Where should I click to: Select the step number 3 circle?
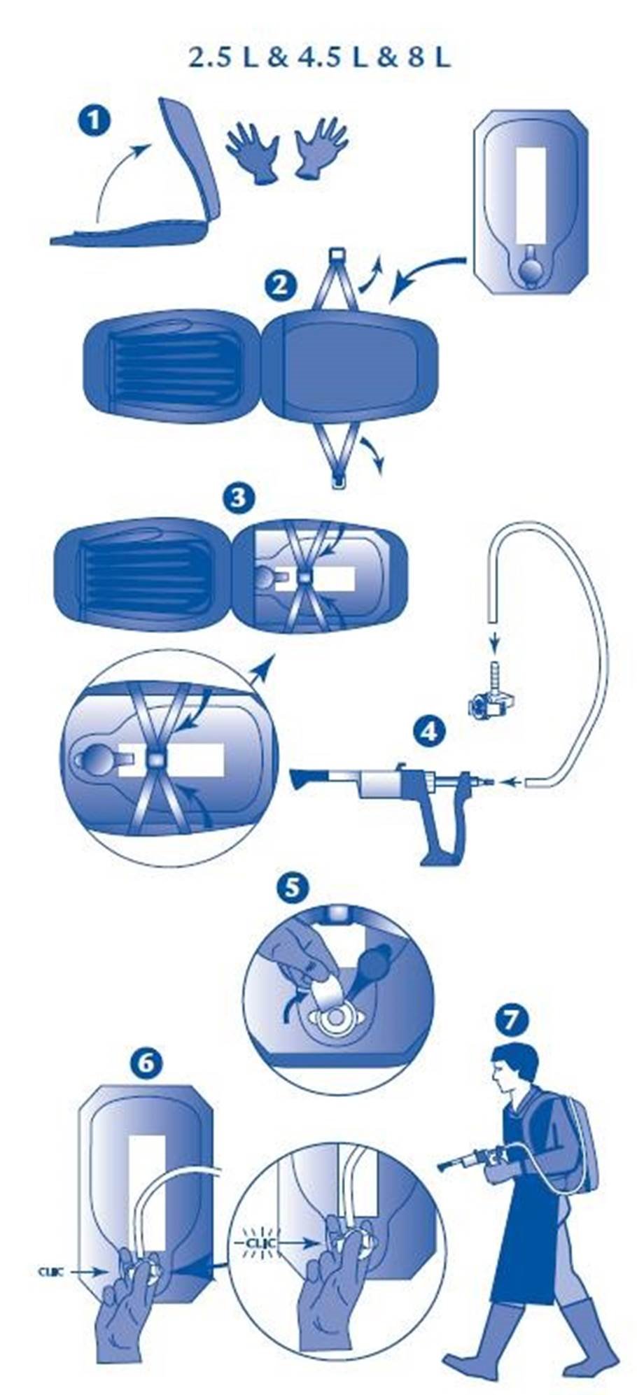[237, 498]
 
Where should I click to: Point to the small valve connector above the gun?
[493, 702]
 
